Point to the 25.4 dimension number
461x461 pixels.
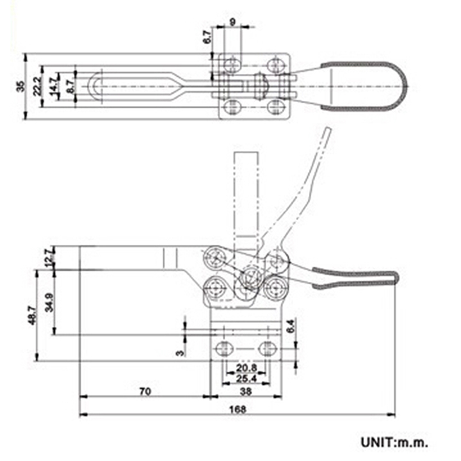245,378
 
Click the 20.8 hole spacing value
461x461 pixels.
245,367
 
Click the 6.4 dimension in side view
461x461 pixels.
290,327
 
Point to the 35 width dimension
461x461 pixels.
21,87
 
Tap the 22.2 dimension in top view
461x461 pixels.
37,87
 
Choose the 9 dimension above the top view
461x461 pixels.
232,22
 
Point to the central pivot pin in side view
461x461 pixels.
250,277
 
